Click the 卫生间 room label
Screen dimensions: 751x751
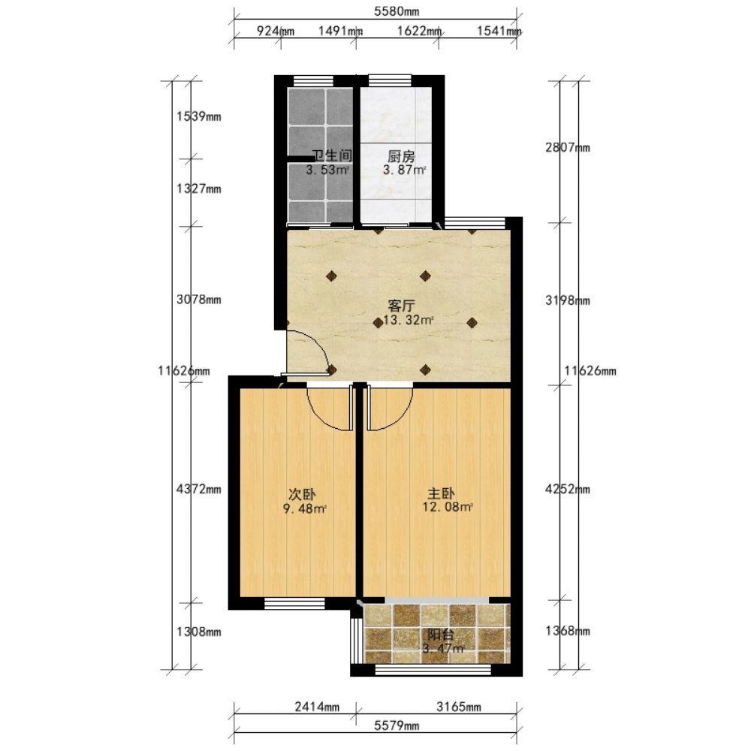tap(332, 155)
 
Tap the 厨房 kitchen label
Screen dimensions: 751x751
tap(401, 156)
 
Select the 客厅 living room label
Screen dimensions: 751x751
tap(401, 306)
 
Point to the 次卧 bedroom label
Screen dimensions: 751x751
tap(302, 494)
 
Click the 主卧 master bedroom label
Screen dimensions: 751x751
tap(441, 493)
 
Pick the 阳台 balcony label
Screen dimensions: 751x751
tap(441, 635)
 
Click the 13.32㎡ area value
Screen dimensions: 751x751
tap(409, 320)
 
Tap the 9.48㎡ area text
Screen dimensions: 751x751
tap(305, 508)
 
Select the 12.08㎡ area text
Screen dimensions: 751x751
tap(448, 507)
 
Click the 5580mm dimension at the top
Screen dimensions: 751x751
tap(397, 11)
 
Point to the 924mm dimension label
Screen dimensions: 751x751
tap(276, 31)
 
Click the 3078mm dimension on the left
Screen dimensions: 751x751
tap(199, 300)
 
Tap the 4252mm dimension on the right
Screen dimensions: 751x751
tap(568, 489)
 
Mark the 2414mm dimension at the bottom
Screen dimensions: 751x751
tap(317, 707)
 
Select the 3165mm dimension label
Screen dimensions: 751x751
tap(459, 707)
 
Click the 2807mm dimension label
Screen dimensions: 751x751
tap(568, 147)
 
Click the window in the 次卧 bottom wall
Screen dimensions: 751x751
tap(294, 603)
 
